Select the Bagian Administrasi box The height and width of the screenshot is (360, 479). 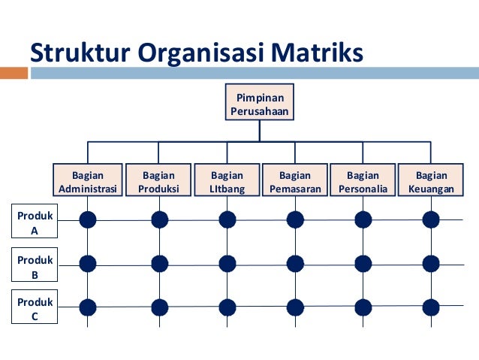click(x=88, y=182)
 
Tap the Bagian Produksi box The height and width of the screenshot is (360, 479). click(x=158, y=182)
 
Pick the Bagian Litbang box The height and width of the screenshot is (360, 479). click(x=227, y=182)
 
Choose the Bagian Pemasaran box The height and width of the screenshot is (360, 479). click(x=295, y=182)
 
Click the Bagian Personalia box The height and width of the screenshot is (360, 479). click(x=363, y=182)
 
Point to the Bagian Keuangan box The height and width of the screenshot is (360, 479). click(x=431, y=182)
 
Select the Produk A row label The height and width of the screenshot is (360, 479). click(x=34, y=223)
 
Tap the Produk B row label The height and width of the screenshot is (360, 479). click(x=34, y=267)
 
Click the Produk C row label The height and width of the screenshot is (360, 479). click(x=34, y=309)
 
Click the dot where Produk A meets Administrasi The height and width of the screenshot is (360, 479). click(x=88, y=219)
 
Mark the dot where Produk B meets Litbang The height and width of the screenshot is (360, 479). click(x=227, y=263)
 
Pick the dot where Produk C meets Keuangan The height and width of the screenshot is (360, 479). click(x=431, y=307)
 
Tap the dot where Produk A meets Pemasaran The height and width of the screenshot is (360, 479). click(x=295, y=219)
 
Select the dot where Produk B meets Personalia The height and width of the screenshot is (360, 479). click(x=363, y=263)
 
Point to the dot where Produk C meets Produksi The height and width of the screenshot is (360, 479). click(x=159, y=307)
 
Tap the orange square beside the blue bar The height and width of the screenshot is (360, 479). click(x=13, y=74)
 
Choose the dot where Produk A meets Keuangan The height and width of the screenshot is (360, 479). click(x=431, y=219)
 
